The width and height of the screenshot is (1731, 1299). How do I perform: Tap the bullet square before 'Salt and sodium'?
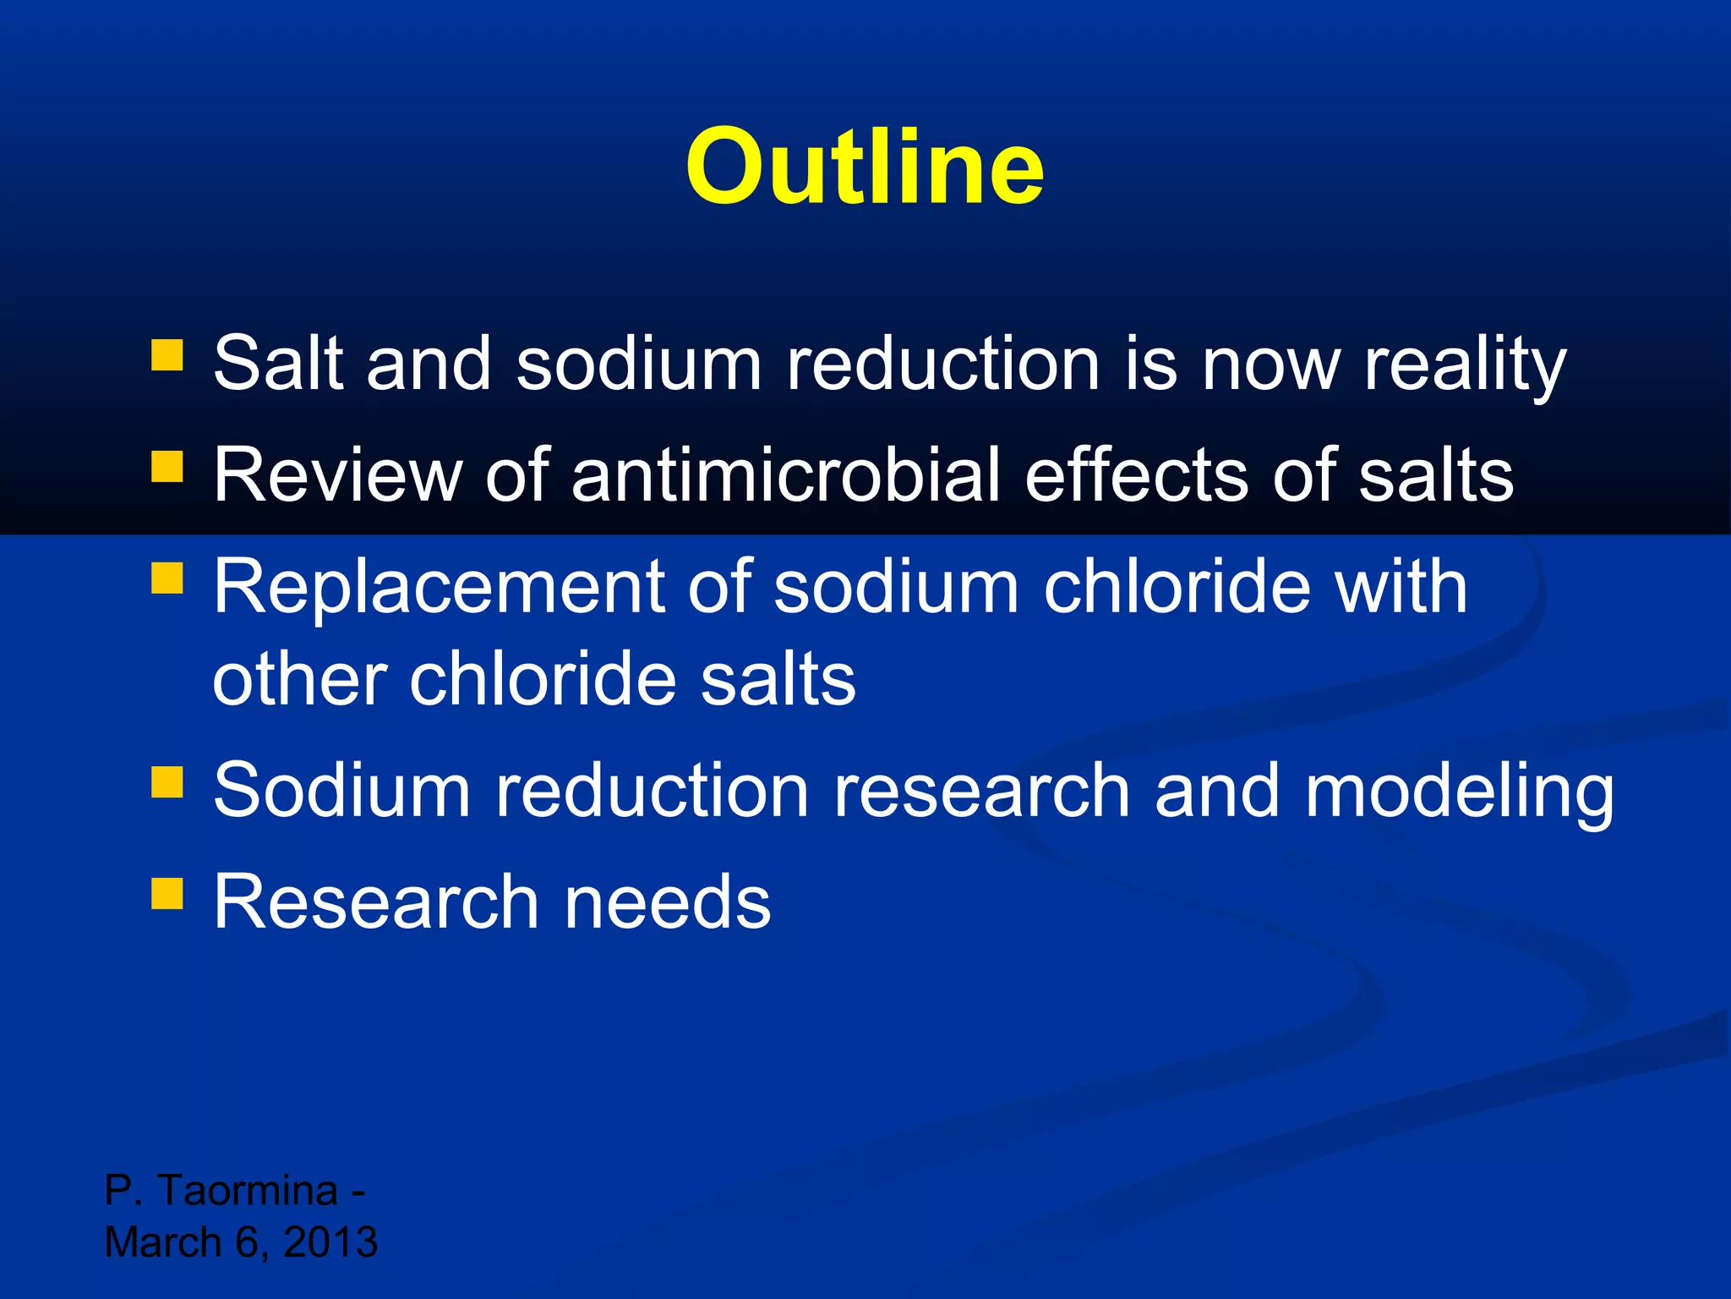[167, 356]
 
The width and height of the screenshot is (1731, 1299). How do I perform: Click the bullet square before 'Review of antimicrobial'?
[167, 466]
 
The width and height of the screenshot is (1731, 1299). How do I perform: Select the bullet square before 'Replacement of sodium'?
[167, 578]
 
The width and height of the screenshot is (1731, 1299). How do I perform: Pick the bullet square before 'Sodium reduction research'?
[167, 782]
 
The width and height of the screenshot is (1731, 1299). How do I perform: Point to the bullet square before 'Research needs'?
[167, 893]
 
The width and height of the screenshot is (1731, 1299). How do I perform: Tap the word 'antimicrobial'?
[785, 475]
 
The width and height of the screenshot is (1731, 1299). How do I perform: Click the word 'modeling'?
[1459, 792]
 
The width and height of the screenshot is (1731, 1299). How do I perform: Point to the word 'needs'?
[667, 902]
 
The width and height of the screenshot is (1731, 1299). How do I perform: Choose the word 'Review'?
[336, 475]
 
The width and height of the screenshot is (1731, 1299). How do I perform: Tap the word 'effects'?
[1136, 475]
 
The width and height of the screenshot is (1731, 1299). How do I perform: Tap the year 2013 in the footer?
[330, 1242]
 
